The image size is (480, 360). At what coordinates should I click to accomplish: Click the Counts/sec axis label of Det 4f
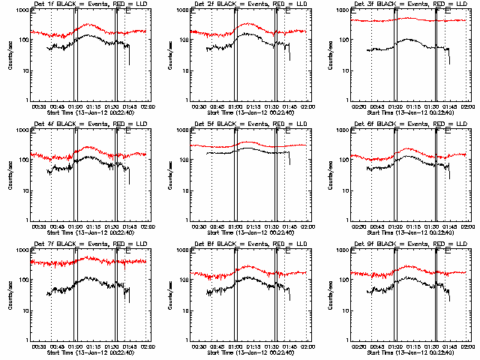[9, 175]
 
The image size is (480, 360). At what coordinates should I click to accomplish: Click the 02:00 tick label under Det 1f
[146, 106]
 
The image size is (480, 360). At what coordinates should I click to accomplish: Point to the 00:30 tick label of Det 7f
[39, 346]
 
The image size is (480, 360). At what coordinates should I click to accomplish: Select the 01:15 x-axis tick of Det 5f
[253, 226]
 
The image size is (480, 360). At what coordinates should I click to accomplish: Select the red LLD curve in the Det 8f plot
[247, 267]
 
